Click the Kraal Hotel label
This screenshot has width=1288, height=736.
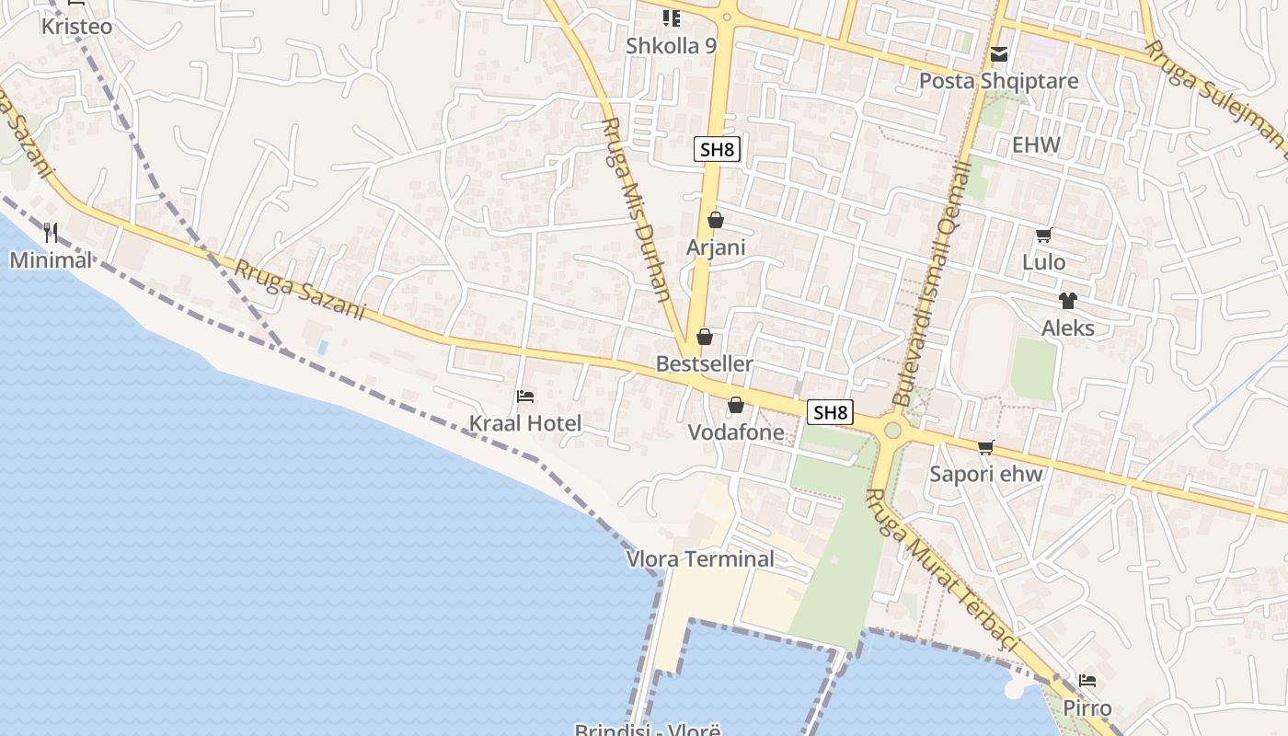pos(525,423)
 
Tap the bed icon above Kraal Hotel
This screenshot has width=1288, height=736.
pos(525,397)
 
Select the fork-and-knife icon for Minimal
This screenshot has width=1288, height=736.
pos(51,233)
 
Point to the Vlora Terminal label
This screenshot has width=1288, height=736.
pos(700,558)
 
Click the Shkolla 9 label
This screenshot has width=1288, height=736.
pos(671,45)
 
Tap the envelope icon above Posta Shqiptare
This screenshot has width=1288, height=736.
pos(999,55)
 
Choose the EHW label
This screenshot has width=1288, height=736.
pos(1036,144)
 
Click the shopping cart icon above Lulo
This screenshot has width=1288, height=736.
pos(1043,236)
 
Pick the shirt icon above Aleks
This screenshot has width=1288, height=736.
pos(1067,301)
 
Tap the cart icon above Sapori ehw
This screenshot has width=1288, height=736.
pos(985,447)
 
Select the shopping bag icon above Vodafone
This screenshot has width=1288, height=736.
pos(736,405)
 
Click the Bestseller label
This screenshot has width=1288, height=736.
pos(704,363)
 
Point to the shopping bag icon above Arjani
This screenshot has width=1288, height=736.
pos(716,220)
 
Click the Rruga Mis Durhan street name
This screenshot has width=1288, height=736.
pos(636,210)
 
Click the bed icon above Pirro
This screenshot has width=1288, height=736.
pos(1087,682)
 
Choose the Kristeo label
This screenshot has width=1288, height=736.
pos(77,27)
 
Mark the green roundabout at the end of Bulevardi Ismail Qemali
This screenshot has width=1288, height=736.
pos(891,431)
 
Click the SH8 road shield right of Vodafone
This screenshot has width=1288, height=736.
pos(829,412)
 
